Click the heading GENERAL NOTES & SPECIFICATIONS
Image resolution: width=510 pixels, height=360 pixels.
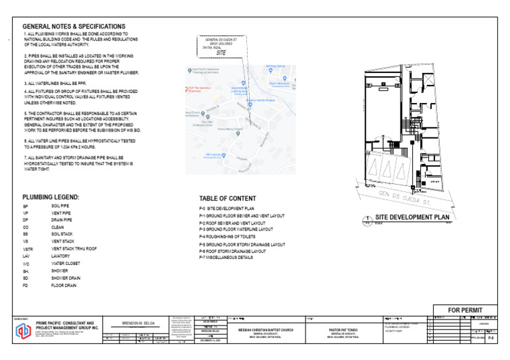[74, 26]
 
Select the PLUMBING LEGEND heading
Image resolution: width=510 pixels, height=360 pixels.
[50, 197]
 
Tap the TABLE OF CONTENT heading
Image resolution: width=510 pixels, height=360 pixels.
[227, 199]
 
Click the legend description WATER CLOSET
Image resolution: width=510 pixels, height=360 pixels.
[66, 264]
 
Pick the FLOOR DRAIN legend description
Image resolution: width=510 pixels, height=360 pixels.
[63, 286]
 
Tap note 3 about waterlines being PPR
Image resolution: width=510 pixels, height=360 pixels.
[55, 82]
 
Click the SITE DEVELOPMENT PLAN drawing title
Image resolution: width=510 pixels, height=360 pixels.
[413, 217]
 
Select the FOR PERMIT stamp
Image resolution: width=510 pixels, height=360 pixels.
[465, 310]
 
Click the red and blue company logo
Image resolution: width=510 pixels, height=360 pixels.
[23, 331]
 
